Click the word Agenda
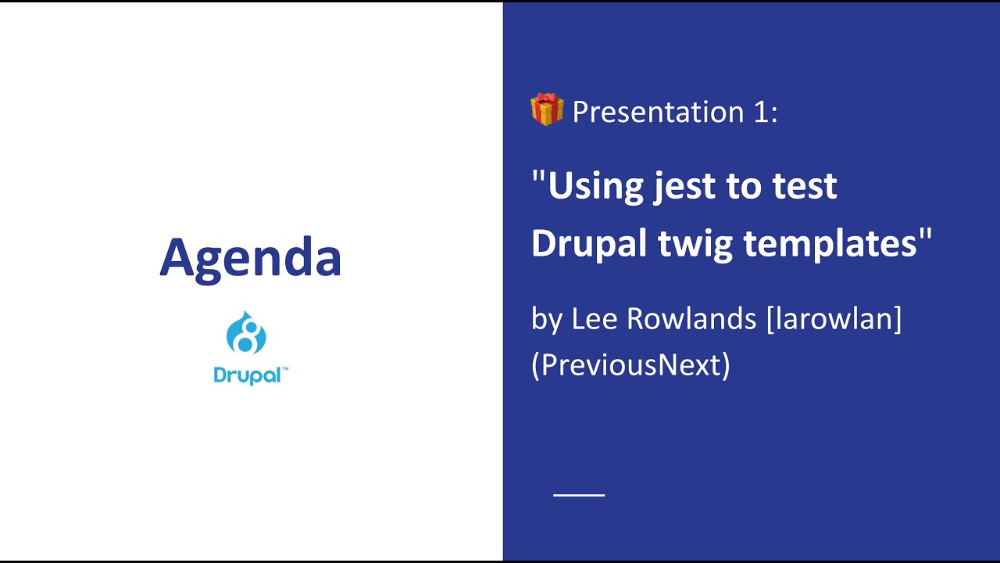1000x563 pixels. coord(250,257)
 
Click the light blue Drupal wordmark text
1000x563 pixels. coord(246,375)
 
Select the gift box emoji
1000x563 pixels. coord(547,109)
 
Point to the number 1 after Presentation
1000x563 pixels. coord(762,112)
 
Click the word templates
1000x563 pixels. coord(830,244)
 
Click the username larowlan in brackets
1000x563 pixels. coord(834,319)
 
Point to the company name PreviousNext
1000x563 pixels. coord(630,364)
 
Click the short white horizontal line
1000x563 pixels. coord(579,495)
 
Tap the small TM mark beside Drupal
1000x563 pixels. coord(284,369)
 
